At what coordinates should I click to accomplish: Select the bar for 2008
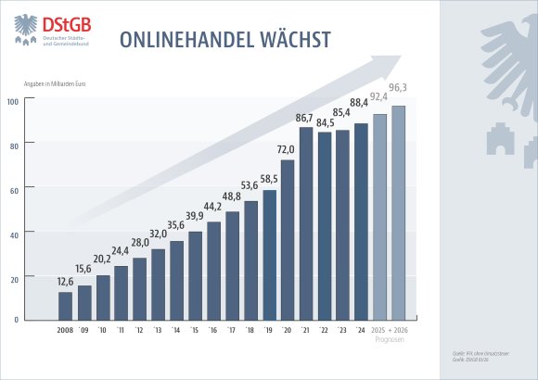tap(65, 305)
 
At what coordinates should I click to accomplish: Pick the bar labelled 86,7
tap(305, 223)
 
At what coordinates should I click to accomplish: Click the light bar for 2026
tap(398, 212)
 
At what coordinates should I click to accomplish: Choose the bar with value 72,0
tap(287, 239)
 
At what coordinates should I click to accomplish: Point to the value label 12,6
tap(65, 282)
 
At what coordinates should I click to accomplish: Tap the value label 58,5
tap(269, 179)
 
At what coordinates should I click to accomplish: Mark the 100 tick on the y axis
tap(14, 101)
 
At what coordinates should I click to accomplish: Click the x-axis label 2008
tap(65, 330)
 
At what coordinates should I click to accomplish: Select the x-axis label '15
tap(195, 330)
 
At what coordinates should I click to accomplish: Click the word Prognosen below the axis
tap(389, 339)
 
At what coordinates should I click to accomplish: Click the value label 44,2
tap(213, 207)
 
